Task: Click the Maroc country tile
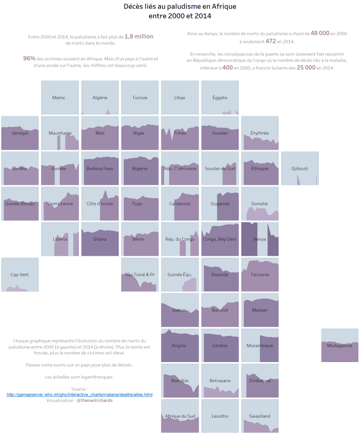coord(60,97)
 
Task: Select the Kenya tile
coord(260,239)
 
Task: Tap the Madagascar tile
coord(339,345)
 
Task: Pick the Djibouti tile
coord(300,168)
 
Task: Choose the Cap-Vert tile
coord(20,275)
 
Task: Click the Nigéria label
coord(140,169)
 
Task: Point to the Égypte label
coord(220,98)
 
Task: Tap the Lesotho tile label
coord(220,416)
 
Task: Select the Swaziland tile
coord(260,416)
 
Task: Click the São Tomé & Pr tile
coord(140,275)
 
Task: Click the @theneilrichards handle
coord(94,401)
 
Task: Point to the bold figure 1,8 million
coord(139,37)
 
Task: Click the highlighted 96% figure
coord(29,58)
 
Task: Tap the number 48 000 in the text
coord(321,33)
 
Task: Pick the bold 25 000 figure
coord(307,67)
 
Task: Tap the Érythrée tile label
coord(260,133)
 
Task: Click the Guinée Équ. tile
coord(179,275)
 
